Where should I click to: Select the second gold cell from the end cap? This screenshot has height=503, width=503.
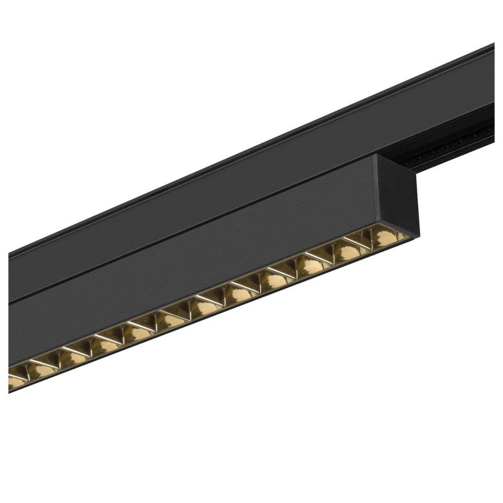350,250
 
